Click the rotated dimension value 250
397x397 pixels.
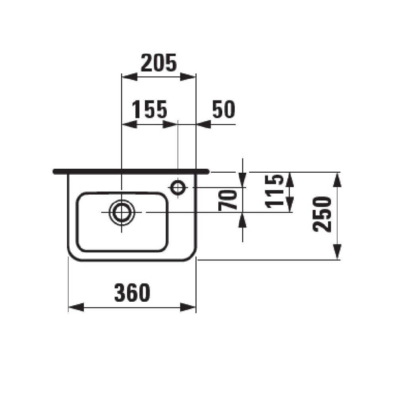(x=322, y=214)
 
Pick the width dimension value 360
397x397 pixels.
(x=132, y=293)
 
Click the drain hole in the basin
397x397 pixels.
(x=122, y=212)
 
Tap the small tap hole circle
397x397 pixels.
(x=177, y=187)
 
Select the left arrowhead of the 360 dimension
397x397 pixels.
(x=76, y=307)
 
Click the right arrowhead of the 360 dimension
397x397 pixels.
(x=189, y=307)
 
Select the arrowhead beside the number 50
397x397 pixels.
(x=204, y=124)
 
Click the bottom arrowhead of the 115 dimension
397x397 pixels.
(x=290, y=205)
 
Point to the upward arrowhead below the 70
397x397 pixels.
(x=243, y=220)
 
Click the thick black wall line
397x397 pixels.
(x=131, y=172)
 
